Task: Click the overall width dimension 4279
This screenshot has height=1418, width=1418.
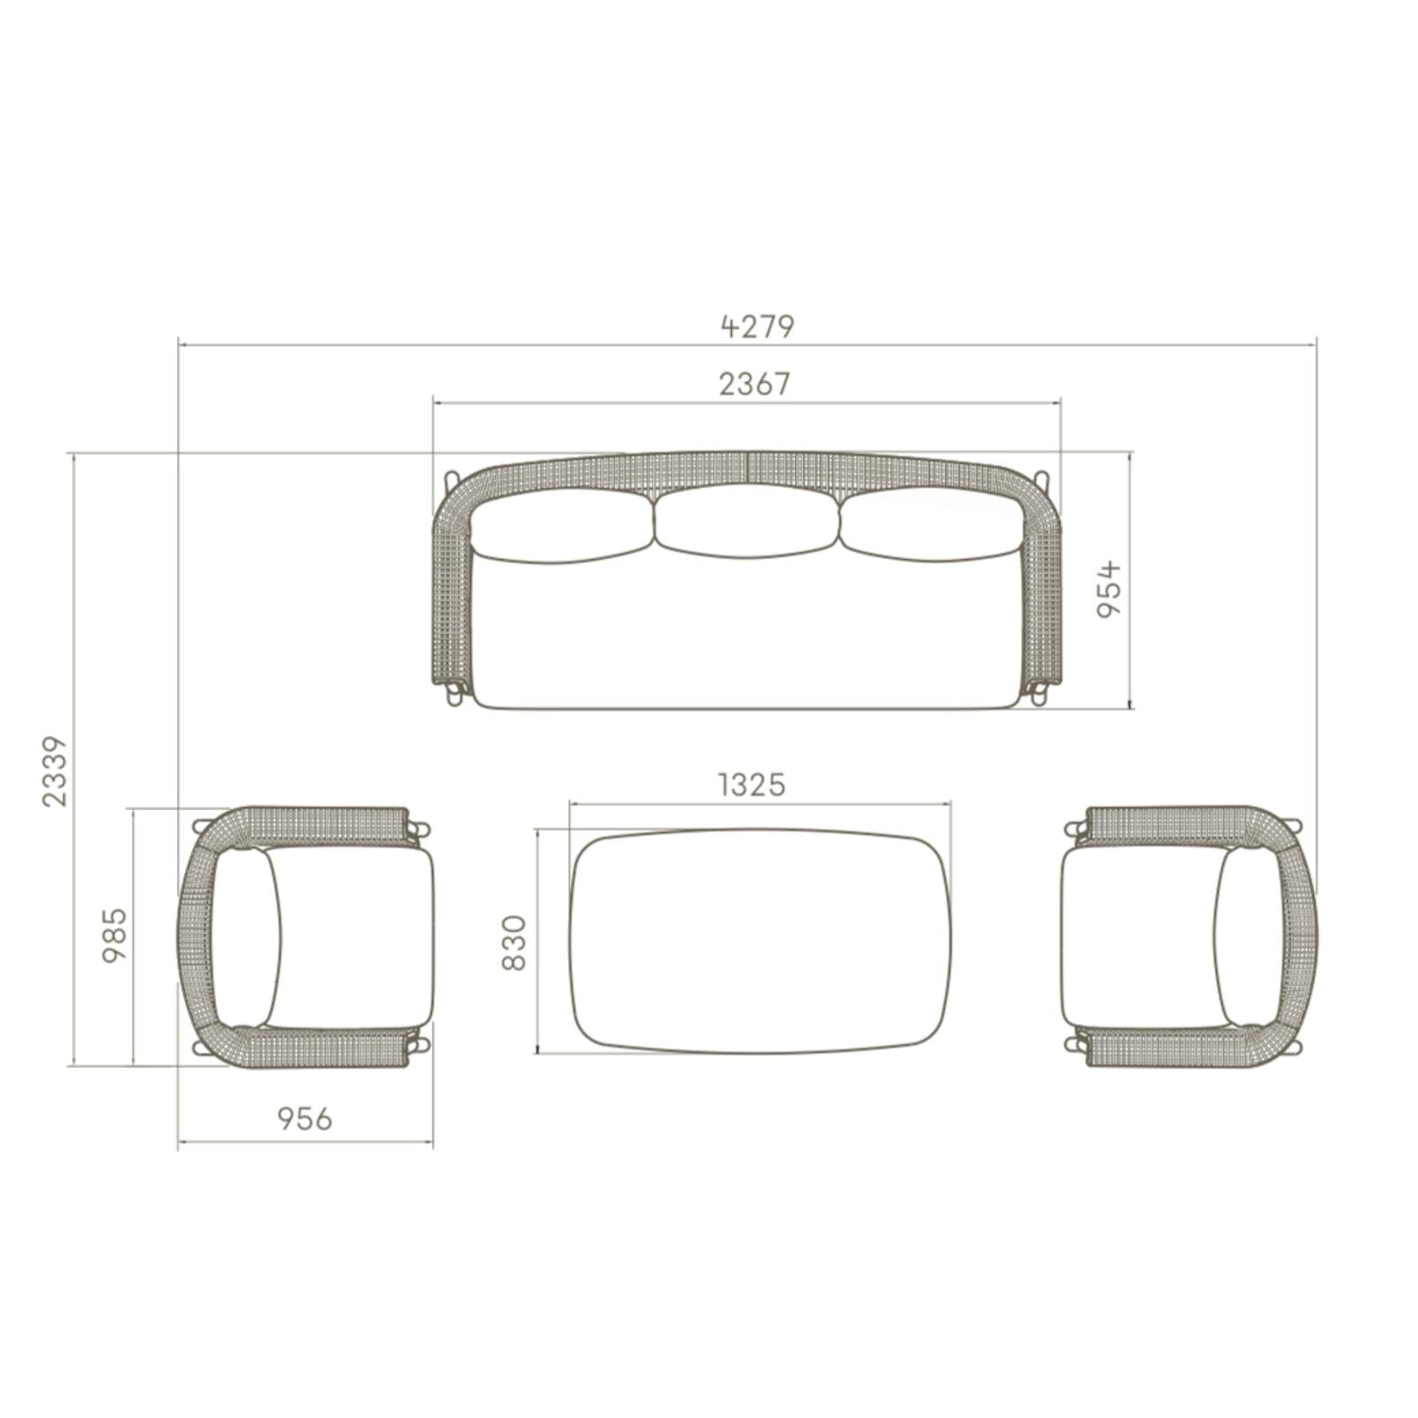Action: tap(758, 326)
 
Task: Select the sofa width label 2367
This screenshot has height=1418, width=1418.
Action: tap(754, 384)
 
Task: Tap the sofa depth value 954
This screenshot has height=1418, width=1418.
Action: tap(1110, 589)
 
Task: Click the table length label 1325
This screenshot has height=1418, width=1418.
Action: tap(752, 784)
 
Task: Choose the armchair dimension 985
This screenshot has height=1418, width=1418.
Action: tap(115, 935)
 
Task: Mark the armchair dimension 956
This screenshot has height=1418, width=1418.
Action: tap(305, 1118)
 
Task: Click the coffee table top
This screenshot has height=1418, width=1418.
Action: tap(760, 941)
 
